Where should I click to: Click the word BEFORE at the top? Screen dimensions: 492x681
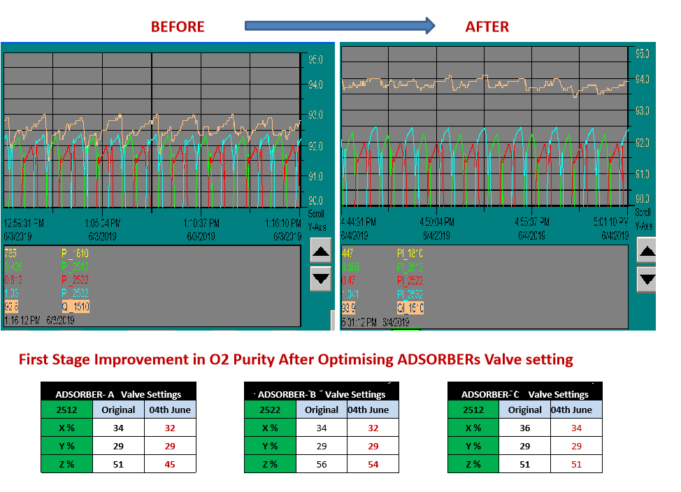click(x=178, y=27)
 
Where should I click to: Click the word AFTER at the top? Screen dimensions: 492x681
click(x=487, y=27)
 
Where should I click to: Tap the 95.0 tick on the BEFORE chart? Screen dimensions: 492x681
click(x=315, y=60)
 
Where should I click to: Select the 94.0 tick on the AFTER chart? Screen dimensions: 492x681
click(x=642, y=79)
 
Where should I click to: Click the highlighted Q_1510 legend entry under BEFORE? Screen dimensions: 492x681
click(x=75, y=306)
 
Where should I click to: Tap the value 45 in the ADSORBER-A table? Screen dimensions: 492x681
click(x=170, y=464)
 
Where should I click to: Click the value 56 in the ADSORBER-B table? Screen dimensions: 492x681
click(x=322, y=464)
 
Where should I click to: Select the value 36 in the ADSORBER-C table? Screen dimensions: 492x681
click(x=524, y=428)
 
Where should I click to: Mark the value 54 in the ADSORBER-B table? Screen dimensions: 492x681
click(x=373, y=464)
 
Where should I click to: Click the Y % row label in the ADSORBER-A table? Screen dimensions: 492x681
click(x=66, y=446)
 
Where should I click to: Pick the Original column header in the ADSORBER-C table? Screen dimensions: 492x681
click(x=524, y=410)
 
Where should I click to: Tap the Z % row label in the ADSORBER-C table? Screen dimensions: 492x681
click(x=473, y=464)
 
